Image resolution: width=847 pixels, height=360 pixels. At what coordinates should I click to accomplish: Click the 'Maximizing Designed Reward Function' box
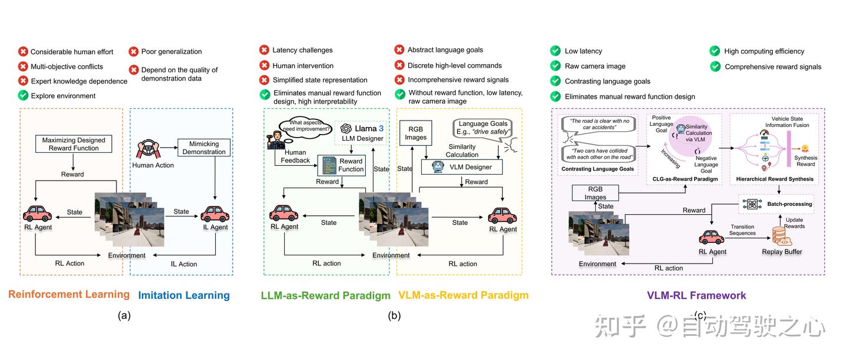pos(74,144)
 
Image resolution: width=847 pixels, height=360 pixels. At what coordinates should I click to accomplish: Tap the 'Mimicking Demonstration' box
pos(204,147)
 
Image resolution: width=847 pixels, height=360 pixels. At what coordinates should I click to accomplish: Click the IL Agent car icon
pos(215,213)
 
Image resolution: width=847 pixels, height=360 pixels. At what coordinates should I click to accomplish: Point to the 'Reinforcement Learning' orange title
pos(69,295)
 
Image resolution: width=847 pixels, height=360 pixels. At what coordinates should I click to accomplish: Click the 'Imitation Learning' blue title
pos(184,295)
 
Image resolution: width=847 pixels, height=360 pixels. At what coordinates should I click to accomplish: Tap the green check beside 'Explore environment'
pos(23,95)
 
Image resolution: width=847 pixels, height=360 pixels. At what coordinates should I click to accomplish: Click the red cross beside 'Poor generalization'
pos(134,52)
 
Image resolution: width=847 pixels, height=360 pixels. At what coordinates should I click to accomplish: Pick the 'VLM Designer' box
pos(462,167)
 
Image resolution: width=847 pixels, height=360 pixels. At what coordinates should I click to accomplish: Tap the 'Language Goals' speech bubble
pos(483,128)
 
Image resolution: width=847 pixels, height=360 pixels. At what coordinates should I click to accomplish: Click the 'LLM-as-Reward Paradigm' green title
pos(326,295)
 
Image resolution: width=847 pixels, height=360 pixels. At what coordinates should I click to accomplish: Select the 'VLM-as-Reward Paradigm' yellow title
pos(463,295)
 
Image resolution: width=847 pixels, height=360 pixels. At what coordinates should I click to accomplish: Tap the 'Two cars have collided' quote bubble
pos(598,153)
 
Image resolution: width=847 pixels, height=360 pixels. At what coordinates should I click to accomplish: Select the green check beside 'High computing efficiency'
pos(715,51)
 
